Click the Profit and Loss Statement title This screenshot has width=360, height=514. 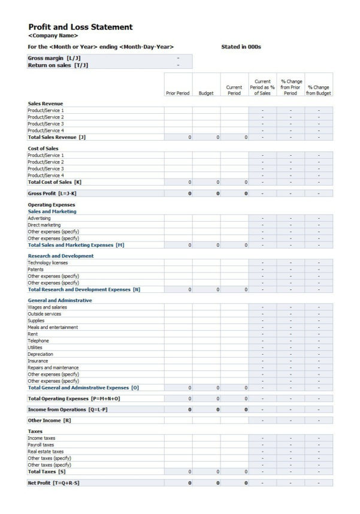point(80,27)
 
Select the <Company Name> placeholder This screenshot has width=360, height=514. point(53,35)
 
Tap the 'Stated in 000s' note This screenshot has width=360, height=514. point(241,46)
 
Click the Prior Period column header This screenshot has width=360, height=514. point(178,93)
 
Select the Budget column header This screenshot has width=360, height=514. point(205,93)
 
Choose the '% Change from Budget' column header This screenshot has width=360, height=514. point(318,90)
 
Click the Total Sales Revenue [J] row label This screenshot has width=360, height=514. point(57,137)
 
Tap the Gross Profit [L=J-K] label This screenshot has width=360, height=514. point(52,193)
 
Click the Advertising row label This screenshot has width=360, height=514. point(39,218)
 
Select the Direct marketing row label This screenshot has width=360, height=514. point(44,225)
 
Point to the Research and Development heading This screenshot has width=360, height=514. point(60,256)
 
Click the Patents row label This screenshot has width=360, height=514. point(36,269)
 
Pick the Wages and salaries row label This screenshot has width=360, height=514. point(47,307)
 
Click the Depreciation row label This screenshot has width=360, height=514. point(41,354)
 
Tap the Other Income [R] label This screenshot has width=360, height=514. point(50,421)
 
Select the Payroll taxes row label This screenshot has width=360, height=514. point(41,445)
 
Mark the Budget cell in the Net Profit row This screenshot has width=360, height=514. point(206,482)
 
